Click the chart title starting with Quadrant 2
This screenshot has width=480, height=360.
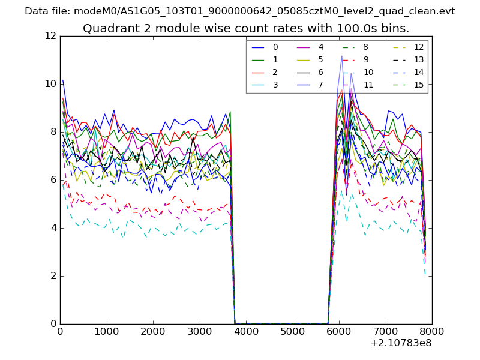pos(246,28)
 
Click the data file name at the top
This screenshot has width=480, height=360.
pos(239,11)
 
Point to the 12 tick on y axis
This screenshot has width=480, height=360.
pos(50,36)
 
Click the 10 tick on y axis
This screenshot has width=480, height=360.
pos(50,84)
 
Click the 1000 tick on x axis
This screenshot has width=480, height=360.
pos(106,331)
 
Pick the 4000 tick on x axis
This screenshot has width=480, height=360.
pos(246,331)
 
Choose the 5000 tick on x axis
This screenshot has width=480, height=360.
pos(292,331)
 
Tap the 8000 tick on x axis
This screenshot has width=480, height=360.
pos(432,331)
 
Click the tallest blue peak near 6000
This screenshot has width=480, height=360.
pos(341,56)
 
